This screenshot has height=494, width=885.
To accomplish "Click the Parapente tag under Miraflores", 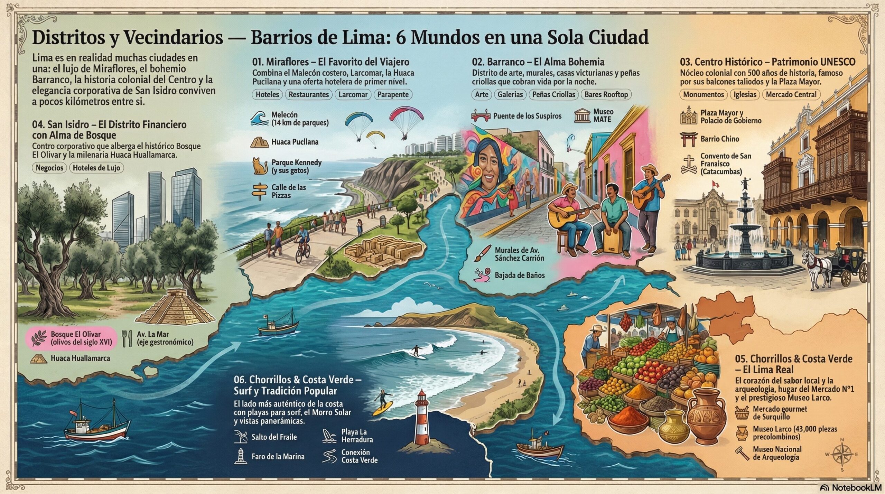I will (393, 94).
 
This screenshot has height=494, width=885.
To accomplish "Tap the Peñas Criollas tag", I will (553, 94).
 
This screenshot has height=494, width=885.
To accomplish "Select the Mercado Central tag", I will (791, 94).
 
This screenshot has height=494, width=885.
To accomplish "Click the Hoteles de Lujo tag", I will (96, 168).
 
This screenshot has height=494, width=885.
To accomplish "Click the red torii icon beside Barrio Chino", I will (688, 139).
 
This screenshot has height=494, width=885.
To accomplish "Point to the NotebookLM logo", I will (850, 487).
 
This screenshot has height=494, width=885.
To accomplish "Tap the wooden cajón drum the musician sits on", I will (614, 247).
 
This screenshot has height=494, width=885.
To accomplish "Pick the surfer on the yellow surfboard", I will (383, 404).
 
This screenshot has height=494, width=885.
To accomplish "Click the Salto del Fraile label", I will (274, 437).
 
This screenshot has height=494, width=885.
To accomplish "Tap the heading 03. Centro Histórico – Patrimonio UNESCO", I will (767, 62).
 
